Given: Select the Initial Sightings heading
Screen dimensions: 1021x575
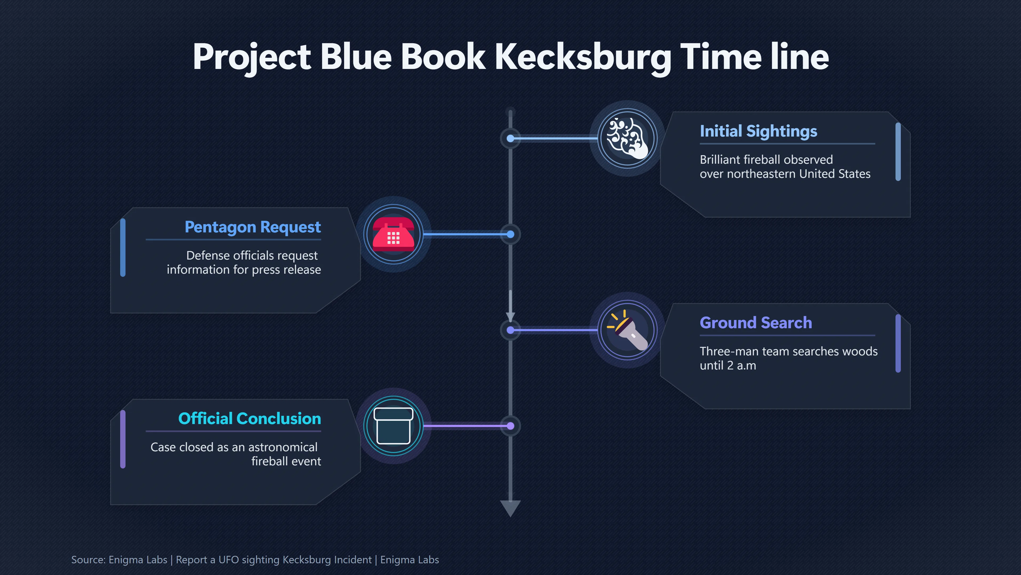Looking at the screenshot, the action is coord(758,131).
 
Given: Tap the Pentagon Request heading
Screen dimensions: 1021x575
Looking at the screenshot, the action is coord(253,227).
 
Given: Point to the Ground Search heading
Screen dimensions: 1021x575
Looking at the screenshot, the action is coord(756,323).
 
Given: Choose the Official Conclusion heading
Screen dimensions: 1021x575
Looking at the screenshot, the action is coord(250,419).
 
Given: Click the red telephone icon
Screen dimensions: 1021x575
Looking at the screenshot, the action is coord(394,234).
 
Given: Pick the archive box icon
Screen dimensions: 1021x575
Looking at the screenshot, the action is coord(394,426).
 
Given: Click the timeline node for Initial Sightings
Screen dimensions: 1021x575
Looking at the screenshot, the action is coord(510,138).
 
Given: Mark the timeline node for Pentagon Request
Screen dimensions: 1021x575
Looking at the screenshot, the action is coord(510,235).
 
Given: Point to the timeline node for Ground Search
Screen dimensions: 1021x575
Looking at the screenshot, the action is coord(510,330).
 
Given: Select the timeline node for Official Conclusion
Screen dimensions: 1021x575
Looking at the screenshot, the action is coord(510,426).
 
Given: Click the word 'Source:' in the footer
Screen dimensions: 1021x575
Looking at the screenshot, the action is coord(88,560).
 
